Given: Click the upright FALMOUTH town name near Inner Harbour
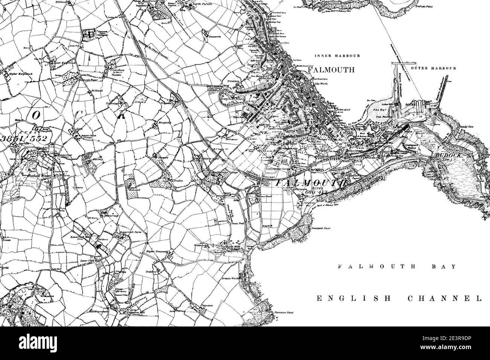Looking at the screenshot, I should tap(331, 70).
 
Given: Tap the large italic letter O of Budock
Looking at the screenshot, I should tap(35, 116).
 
